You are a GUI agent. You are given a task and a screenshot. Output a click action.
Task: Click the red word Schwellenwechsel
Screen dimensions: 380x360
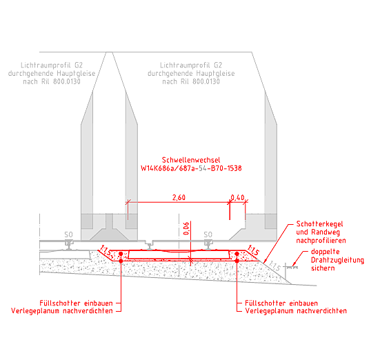coord(191,160)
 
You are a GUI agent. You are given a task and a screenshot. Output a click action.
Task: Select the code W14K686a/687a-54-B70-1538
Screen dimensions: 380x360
coord(191,168)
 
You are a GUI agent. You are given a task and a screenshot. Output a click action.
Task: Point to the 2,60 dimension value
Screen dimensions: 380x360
coord(179,197)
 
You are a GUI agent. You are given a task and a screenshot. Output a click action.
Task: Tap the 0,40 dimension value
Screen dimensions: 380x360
coord(237,197)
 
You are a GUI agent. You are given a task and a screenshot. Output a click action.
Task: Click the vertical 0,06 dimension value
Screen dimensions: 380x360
coord(186,228)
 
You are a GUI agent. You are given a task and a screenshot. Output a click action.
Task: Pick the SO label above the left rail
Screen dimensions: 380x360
coord(68,234)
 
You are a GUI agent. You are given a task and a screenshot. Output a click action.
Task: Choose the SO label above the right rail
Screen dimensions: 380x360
coord(208,234)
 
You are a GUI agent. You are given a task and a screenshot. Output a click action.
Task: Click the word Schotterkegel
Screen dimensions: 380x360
coord(319,224)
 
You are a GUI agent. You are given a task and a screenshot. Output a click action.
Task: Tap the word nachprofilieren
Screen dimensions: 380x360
coord(321,241)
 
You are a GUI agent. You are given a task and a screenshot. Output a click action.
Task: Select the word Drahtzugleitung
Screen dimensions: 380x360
coord(337,260)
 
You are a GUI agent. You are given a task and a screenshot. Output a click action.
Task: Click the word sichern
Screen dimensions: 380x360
coord(323,268)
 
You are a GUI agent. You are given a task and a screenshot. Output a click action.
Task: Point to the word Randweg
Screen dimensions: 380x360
coord(326,232)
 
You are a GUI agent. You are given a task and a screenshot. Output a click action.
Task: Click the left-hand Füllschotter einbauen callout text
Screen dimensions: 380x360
coord(76,303)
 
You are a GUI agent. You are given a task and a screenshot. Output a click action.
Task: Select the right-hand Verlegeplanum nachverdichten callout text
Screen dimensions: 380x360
coord(296,311)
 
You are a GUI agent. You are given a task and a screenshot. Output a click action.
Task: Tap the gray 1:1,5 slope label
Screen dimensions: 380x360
coord(274,266)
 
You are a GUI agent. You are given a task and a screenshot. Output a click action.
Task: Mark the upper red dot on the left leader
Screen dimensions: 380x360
coord(121,254)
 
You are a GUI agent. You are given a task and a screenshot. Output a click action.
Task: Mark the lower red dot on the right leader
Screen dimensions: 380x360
coord(237,261)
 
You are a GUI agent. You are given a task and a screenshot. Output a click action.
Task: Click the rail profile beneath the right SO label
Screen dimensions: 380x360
coord(208,244)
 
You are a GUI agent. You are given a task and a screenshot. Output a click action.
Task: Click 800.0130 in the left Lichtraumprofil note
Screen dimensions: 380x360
coord(67,81)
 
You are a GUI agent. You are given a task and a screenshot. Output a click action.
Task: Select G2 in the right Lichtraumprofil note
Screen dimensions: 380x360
coord(218,66)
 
